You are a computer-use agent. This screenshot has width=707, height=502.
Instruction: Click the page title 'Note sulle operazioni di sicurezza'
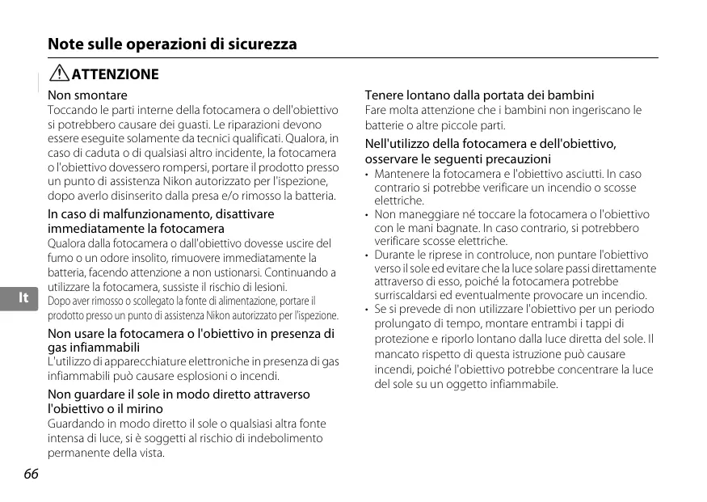click(172, 44)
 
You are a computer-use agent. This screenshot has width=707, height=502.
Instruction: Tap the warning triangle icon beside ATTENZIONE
click(59, 74)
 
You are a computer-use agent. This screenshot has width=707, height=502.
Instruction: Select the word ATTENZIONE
click(116, 74)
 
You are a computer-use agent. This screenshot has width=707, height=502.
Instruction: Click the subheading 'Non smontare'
click(87, 95)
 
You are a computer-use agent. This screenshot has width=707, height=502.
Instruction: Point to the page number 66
click(32, 474)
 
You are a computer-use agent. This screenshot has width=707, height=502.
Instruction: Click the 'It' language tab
click(23, 298)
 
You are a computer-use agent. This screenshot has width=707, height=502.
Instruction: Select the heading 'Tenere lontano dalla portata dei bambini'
click(479, 95)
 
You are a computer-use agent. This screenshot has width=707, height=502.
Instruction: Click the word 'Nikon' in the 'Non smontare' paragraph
click(178, 182)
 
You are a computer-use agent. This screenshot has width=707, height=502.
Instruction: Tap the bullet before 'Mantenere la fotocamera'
click(367, 175)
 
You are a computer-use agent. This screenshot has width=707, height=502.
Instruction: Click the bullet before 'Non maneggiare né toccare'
click(367, 215)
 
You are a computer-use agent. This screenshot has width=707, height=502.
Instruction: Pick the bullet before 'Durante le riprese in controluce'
click(367, 255)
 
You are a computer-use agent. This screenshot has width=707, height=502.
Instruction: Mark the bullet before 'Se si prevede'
click(367, 310)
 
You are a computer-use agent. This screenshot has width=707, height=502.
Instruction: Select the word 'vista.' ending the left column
click(150, 453)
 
